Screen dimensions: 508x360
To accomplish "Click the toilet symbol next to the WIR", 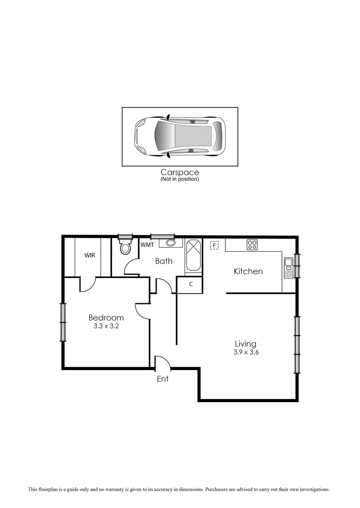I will tap(125, 247).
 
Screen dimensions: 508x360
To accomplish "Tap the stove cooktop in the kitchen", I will tap(252, 244).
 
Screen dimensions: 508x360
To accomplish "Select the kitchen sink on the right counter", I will tap(288, 267).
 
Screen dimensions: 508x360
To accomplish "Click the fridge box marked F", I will tap(215, 245).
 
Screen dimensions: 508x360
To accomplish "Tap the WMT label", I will tap(147, 245).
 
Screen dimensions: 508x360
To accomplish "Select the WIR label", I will tap(90, 255).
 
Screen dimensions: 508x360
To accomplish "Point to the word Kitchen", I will tap(248, 271).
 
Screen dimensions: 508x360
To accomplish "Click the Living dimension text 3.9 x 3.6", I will tap(246, 352).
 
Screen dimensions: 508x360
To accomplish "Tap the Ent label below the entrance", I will tap(162, 379).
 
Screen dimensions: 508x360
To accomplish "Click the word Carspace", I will tap(180, 173).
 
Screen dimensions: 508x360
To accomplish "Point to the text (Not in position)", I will tap(180, 179).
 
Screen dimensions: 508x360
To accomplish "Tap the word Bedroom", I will tap(106, 318).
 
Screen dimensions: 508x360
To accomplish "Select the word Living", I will tap(246, 344).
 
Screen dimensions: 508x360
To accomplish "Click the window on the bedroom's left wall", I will tap(62, 322).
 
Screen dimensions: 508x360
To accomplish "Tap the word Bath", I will tap(164, 261).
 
